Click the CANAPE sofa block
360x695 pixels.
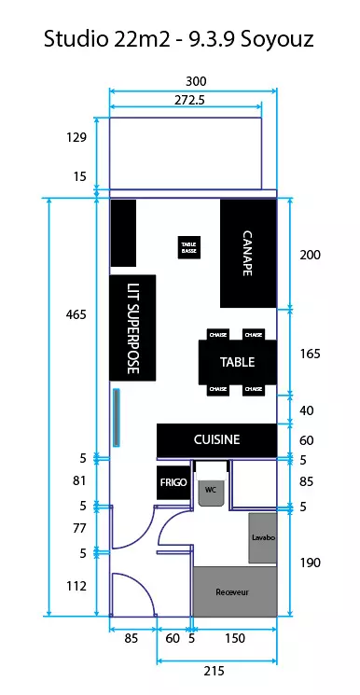click(x=249, y=254)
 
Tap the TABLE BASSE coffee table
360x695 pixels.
click(x=189, y=247)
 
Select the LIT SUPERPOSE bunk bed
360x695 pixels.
click(x=132, y=328)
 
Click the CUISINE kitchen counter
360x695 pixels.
click(x=216, y=440)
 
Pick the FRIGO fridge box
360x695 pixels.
click(x=173, y=482)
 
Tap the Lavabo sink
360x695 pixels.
click(x=263, y=538)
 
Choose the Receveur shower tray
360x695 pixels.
click(x=235, y=591)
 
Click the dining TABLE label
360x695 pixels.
click(x=238, y=362)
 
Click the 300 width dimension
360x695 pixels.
click(x=196, y=81)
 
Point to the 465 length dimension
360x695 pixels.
click(x=76, y=315)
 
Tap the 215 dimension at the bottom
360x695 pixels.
click(x=215, y=671)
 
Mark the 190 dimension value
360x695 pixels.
click(x=310, y=563)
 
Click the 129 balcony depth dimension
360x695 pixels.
click(x=76, y=137)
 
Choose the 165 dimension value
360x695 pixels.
click(x=310, y=354)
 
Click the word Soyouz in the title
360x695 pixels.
click(x=277, y=39)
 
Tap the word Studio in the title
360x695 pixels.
click(x=76, y=38)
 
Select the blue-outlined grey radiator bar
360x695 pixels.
click(x=117, y=417)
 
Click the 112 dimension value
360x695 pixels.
click(x=76, y=586)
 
